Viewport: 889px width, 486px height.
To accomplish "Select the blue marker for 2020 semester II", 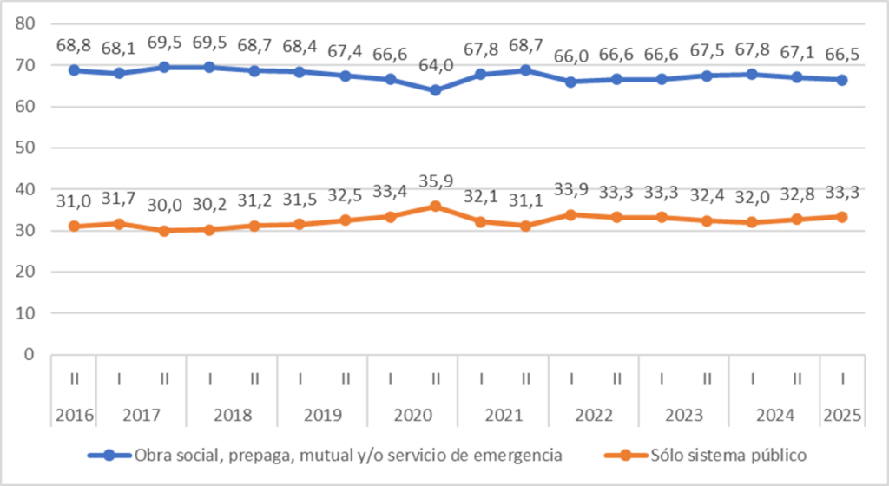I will tap(436, 90).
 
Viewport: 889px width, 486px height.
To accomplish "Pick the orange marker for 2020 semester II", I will tap(436, 207).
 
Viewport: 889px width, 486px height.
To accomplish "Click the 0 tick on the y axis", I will tap(29, 354).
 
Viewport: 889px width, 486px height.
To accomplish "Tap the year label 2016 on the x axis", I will tap(74, 416).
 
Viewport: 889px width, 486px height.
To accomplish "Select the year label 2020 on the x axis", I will tap(413, 416).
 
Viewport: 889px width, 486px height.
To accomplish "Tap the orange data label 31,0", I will tap(74, 201).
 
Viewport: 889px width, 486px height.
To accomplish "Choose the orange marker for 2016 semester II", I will tap(74, 227).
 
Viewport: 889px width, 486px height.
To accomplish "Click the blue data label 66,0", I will tap(571, 56).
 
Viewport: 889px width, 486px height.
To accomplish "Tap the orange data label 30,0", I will tap(164, 206).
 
